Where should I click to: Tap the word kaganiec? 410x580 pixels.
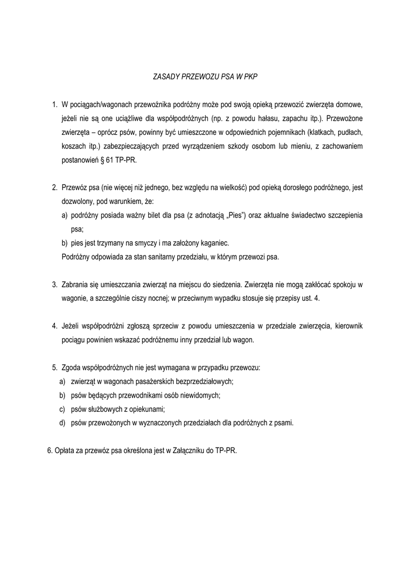pos(213,243)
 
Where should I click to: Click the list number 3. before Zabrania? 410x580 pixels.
pos(55,284)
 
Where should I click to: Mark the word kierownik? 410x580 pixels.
pos(344,326)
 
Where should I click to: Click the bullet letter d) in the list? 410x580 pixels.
pos(62,423)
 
